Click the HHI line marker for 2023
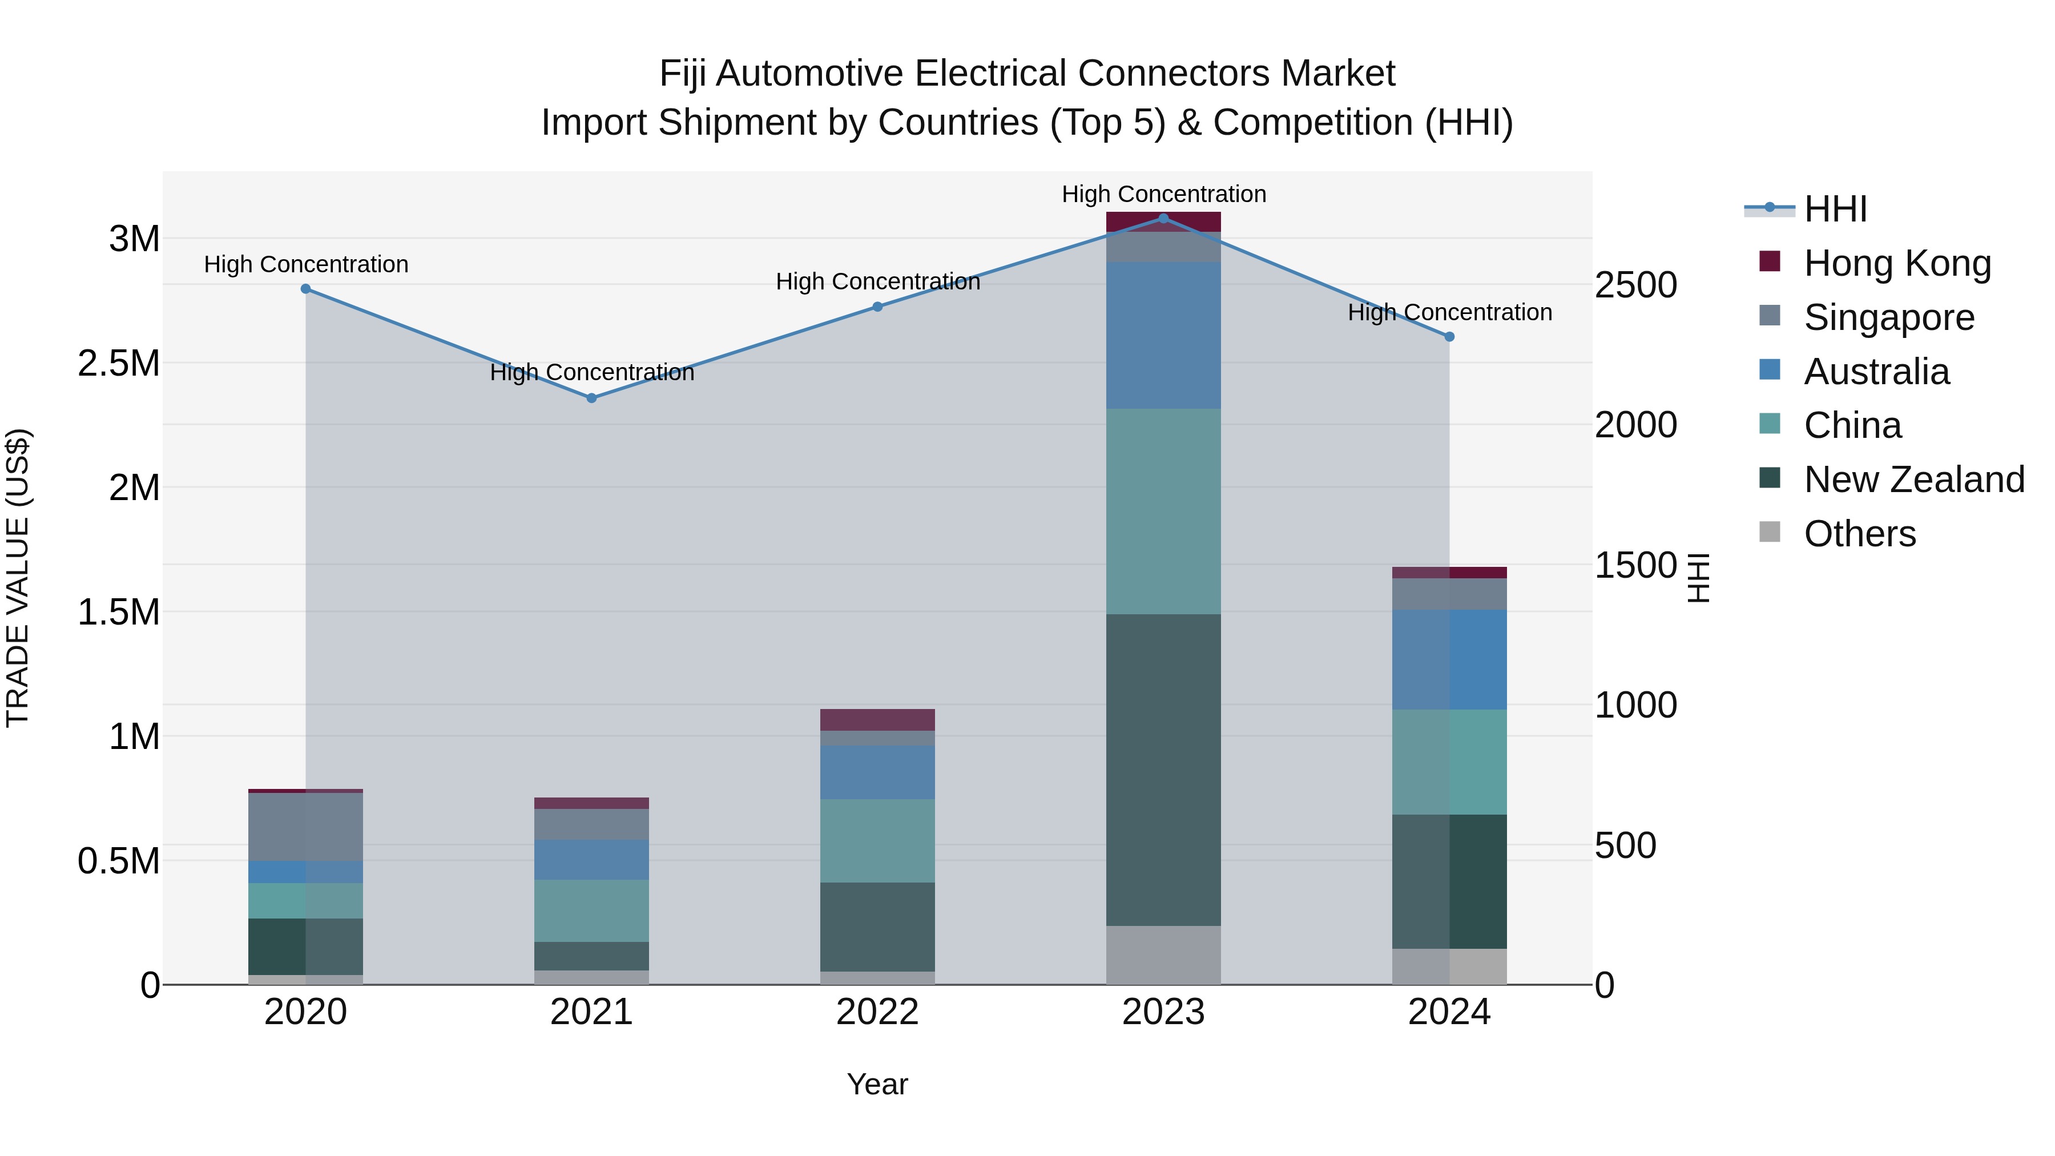tap(1163, 219)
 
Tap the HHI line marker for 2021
tap(592, 398)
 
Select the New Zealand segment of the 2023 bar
tap(1163, 770)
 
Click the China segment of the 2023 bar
tap(1163, 511)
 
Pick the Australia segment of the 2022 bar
tap(877, 772)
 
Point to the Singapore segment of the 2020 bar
tap(305, 827)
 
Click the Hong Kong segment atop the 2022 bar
tap(877, 720)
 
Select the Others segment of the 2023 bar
tap(1163, 955)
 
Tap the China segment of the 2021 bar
tap(592, 911)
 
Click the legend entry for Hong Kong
tap(1897, 263)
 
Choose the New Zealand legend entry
tap(1913, 480)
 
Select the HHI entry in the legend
tap(1835, 209)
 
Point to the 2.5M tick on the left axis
tap(120, 363)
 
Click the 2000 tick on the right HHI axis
tap(1635, 424)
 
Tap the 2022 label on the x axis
tap(877, 1012)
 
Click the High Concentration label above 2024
tap(1449, 312)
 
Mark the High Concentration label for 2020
tap(305, 264)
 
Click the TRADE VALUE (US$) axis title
tap(18, 578)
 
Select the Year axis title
tap(877, 1084)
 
